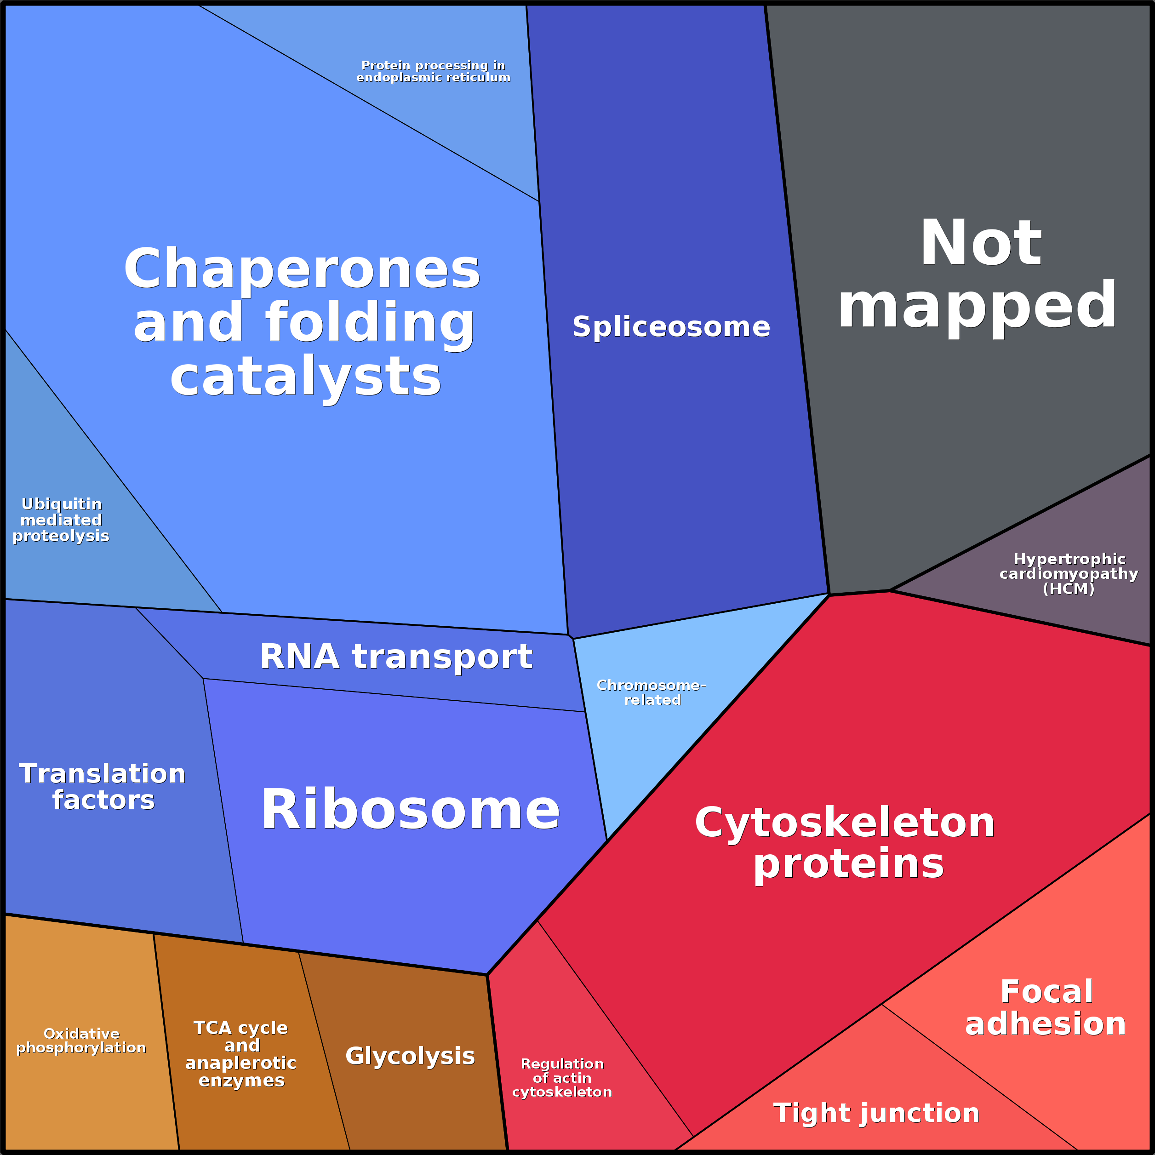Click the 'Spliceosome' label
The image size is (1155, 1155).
671,327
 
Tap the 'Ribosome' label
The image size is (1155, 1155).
410,809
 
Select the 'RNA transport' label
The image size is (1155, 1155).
396,657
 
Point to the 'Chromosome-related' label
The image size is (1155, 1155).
652,692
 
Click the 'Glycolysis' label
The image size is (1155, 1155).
410,1056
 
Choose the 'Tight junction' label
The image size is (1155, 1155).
876,1113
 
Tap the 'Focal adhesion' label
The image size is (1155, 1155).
1046,1008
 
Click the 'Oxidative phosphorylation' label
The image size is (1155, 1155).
81,1041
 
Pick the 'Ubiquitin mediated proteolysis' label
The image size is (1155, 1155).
61,520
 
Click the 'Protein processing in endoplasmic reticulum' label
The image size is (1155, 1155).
434,71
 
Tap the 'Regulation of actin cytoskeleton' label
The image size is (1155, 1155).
562,1078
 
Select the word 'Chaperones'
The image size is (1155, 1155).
302,269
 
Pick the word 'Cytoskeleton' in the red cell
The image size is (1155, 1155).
845,822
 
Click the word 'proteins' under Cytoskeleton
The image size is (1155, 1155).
848,864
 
